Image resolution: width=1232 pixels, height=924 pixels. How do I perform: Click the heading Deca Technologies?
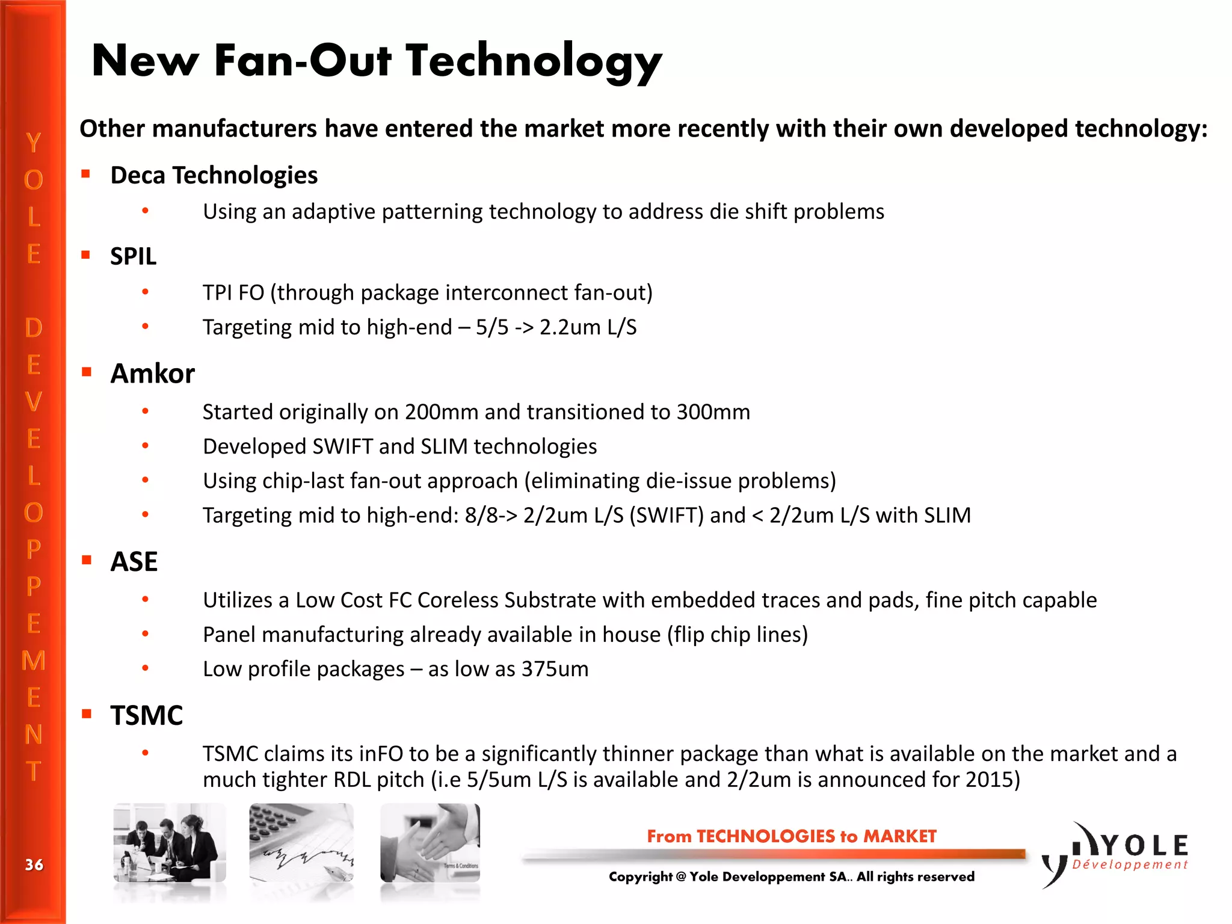[x=214, y=176]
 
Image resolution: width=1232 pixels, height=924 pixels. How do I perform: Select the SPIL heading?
[x=133, y=257]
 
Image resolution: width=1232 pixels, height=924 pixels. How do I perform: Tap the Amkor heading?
[x=152, y=374]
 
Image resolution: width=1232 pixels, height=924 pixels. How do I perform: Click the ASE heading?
[x=134, y=562]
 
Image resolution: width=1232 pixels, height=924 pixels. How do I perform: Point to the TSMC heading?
[x=146, y=716]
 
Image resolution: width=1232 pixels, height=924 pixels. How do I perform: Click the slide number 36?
[x=34, y=865]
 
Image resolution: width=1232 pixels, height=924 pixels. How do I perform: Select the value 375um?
[x=555, y=669]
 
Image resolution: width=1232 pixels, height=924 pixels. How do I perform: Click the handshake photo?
[x=430, y=843]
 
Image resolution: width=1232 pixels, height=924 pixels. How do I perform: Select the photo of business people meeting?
[x=170, y=843]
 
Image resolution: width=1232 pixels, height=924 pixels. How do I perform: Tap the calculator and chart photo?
[x=301, y=843]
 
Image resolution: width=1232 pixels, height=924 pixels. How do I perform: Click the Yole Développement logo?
[x=1116, y=854]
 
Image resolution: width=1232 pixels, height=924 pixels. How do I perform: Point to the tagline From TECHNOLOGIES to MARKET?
[x=791, y=836]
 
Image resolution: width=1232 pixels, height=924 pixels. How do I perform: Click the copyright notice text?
[x=791, y=876]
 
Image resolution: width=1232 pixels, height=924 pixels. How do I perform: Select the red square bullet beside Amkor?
[x=87, y=372]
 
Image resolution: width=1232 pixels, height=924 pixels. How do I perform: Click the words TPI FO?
[x=233, y=293]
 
